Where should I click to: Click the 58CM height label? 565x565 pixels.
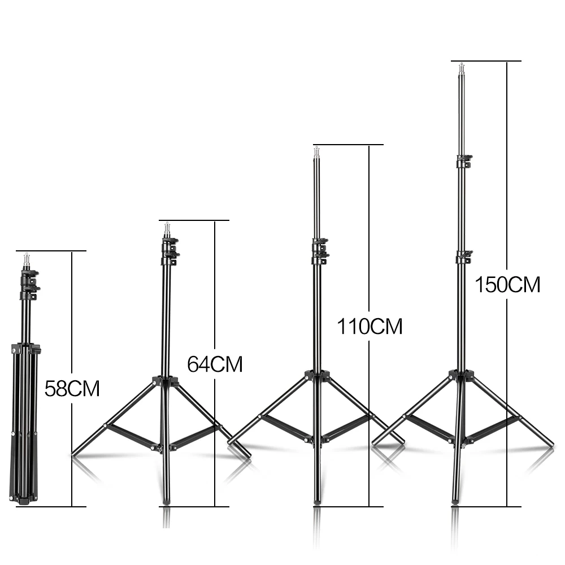point(72,389)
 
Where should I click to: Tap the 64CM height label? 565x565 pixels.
point(215,364)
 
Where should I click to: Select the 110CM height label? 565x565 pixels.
point(370,326)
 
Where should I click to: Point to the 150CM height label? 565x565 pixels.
point(507,284)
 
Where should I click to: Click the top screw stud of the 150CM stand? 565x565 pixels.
point(461,68)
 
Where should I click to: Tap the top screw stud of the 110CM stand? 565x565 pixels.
point(316,151)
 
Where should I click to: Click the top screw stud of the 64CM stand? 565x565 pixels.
point(167,228)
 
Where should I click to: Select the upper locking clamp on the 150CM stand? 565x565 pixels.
point(464,161)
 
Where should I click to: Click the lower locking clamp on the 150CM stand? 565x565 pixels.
point(464,258)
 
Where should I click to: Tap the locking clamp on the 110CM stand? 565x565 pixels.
point(320,251)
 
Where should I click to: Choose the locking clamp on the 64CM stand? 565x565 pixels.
point(169,251)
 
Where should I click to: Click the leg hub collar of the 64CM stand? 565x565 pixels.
point(166,381)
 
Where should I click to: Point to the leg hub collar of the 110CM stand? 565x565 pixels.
point(317,376)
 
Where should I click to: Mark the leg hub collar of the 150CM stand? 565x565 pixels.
point(461,375)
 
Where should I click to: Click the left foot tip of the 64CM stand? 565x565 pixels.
point(76,452)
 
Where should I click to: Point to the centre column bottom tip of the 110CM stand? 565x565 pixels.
point(317,501)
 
